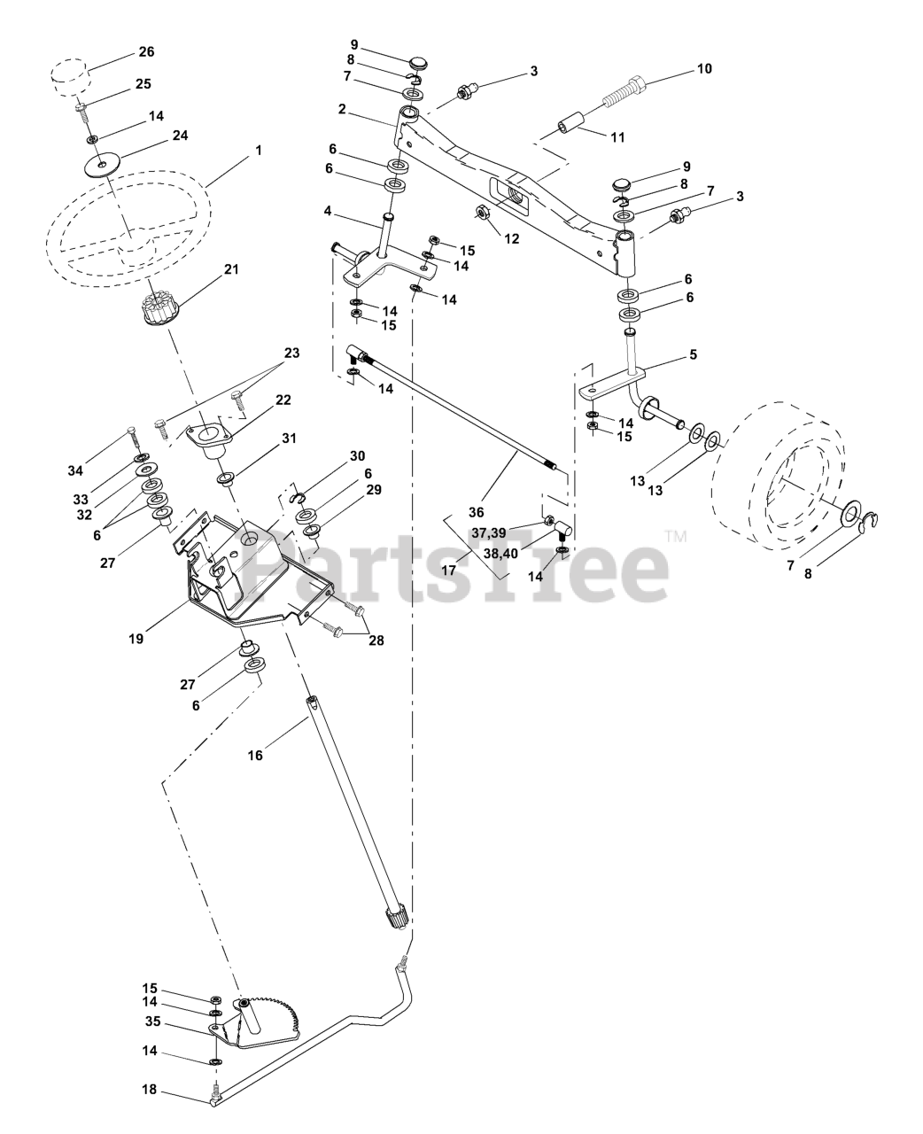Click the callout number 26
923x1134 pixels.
pyautogui.click(x=146, y=52)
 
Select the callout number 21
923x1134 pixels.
pyautogui.click(x=231, y=268)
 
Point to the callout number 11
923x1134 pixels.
pyautogui.click(x=617, y=137)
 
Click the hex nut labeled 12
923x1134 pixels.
pyautogui.click(x=485, y=213)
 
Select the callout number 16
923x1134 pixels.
pyautogui.click(x=255, y=756)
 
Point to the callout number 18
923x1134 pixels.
pyautogui.click(x=149, y=1089)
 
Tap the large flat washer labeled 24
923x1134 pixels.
pyautogui.click(x=106, y=165)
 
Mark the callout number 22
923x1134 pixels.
pyautogui.click(x=283, y=400)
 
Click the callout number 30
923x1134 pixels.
pyautogui.click(x=356, y=455)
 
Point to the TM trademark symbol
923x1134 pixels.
pyautogui.click(x=676, y=536)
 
